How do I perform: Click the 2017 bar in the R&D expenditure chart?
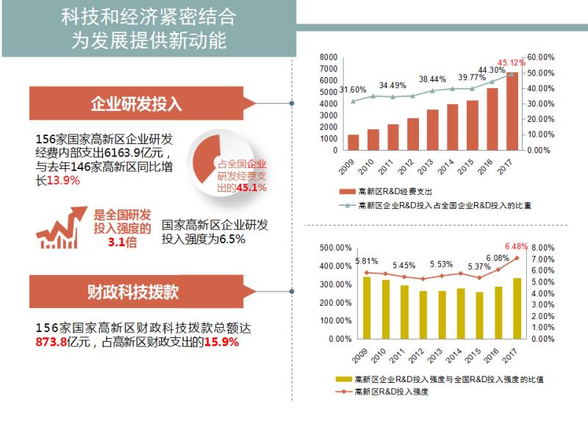(x=512, y=110)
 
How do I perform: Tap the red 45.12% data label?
(x=512, y=62)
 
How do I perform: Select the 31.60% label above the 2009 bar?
(x=353, y=90)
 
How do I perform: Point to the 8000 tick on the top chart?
(x=329, y=57)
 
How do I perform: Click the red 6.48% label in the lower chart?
(x=517, y=245)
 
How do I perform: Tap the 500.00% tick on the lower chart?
(x=335, y=248)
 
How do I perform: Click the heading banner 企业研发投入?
(x=136, y=104)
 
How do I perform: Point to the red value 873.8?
(x=51, y=343)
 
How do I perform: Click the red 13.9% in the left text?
(x=63, y=181)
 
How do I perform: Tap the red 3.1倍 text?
(x=122, y=242)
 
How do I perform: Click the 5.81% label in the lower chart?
(x=367, y=261)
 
